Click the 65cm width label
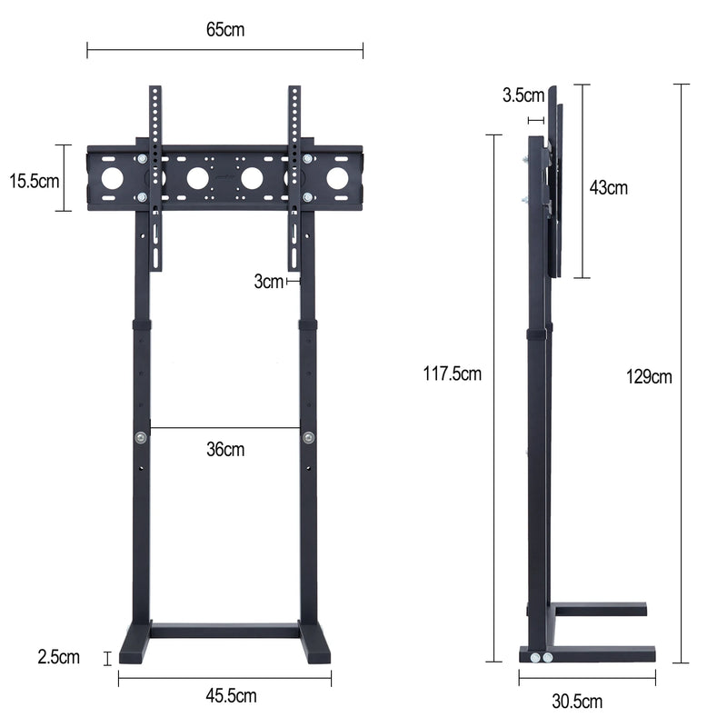tap(224, 29)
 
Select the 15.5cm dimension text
tap(35, 180)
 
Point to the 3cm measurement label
tap(268, 282)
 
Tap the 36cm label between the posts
tap(224, 449)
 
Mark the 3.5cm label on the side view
tap(523, 95)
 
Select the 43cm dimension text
tap(608, 188)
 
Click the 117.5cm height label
tap(453, 373)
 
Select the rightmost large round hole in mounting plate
tap(337, 178)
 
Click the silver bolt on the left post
tap(141, 438)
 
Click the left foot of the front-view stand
tap(134, 647)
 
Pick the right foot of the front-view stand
tap(314, 647)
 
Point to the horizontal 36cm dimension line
tap(225, 427)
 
